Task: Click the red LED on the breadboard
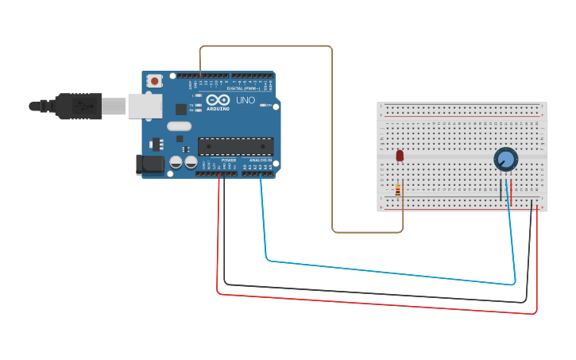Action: [x=400, y=155]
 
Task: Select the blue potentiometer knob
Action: [x=505, y=159]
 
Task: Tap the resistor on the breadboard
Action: [x=397, y=189]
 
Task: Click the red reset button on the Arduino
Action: [x=154, y=80]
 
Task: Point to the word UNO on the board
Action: [x=245, y=101]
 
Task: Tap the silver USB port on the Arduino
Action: [x=145, y=106]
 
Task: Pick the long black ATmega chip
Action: [x=235, y=146]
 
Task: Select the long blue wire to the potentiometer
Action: [x=389, y=272]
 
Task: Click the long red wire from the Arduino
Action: [x=373, y=304]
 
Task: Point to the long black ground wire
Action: [x=373, y=293]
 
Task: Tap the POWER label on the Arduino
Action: [x=229, y=161]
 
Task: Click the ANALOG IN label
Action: [x=260, y=161]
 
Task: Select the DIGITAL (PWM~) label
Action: [x=242, y=88]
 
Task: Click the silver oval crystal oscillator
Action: [x=180, y=126]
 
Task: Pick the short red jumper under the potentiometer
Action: [x=511, y=191]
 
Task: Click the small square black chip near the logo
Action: [x=181, y=109]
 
